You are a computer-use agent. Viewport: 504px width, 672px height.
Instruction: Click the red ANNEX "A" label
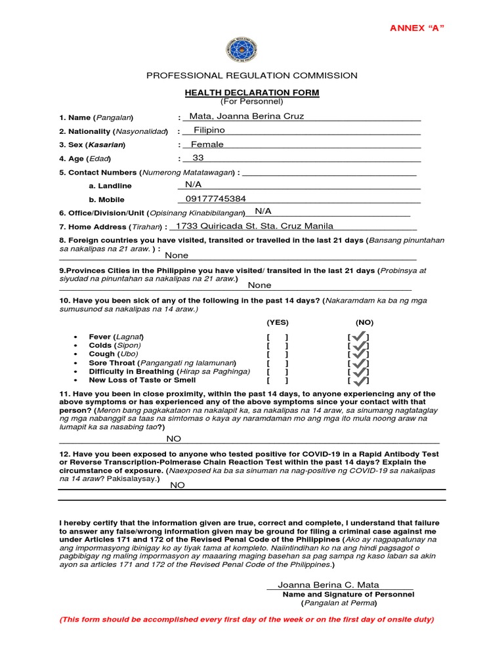tap(417, 28)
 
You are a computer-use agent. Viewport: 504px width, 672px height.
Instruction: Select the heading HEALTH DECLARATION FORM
tap(252, 93)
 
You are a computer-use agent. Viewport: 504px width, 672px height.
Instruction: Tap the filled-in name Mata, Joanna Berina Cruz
tap(247, 117)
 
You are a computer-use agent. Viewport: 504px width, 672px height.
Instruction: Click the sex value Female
tap(207, 144)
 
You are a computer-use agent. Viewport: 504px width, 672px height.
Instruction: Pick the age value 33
tap(198, 158)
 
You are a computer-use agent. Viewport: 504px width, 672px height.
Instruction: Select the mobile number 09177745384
tap(216, 199)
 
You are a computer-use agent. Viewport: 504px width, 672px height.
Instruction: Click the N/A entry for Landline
tap(193, 185)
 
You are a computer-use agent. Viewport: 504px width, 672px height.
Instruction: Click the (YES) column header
tap(278, 323)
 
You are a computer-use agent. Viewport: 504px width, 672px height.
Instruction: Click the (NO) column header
tap(364, 323)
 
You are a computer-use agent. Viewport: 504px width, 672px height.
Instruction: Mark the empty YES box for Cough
tap(278, 354)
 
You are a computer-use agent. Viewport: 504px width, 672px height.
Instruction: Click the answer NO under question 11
tap(173, 438)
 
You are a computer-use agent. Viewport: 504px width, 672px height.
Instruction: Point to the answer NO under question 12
tap(177, 485)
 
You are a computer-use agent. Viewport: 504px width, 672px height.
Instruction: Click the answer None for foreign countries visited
tap(177, 255)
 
